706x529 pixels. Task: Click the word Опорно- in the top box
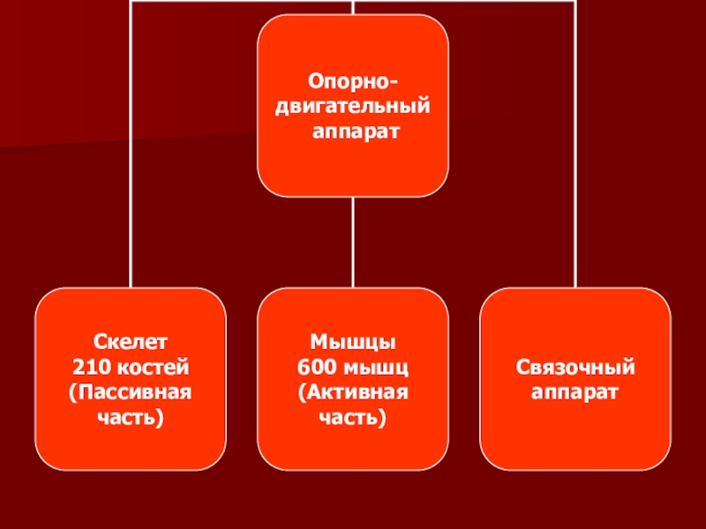click(352, 82)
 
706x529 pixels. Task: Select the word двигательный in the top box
click(352, 106)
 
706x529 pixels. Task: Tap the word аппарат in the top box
click(352, 130)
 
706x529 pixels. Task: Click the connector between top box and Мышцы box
click(352, 242)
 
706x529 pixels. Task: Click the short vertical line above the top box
click(352, 7)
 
